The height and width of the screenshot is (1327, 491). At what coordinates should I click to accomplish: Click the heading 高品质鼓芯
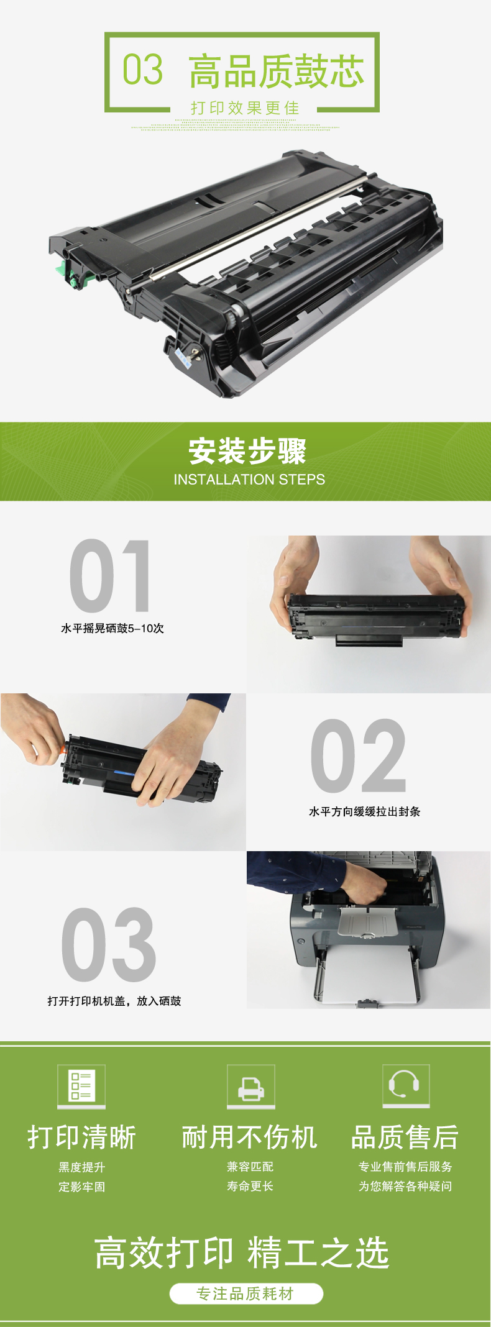point(276,71)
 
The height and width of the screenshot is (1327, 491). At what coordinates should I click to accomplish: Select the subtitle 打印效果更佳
point(245,108)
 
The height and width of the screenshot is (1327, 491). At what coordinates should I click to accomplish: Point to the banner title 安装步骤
point(247,451)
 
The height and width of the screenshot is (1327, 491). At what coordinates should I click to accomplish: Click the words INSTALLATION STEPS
point(249,480)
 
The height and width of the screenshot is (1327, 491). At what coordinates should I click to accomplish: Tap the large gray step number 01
point(110,576)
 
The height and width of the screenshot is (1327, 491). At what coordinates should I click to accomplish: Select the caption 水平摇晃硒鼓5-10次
point(112,628)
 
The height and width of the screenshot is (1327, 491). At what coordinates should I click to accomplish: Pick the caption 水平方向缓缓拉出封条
point(365,811)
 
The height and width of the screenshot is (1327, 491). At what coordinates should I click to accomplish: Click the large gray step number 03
point(109,944)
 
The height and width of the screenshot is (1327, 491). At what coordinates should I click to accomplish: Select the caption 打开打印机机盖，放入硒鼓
point(114,1001)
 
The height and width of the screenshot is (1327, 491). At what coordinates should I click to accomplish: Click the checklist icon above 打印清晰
point(81,1086)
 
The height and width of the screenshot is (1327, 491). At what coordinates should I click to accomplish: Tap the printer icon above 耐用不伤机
point(250,1086)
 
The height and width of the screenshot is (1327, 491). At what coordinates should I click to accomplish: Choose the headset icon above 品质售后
point(405,1085)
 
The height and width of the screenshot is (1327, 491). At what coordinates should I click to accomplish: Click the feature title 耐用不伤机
point(250,1138)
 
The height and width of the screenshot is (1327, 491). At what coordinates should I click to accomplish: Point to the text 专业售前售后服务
point(405,1167)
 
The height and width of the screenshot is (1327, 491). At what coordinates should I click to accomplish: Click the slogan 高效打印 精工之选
point(242,1252)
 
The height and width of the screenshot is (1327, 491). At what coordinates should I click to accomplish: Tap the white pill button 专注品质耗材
point(246,1293)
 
